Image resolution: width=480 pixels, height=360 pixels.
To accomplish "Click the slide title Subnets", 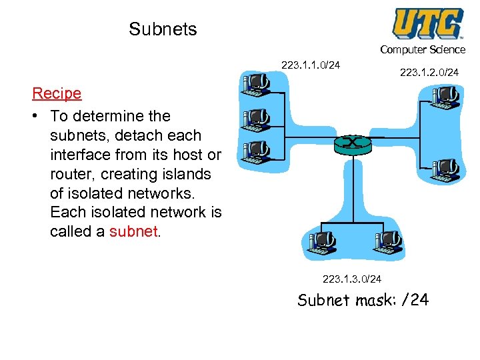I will (163, 29).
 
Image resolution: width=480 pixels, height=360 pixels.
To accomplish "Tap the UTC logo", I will (427, 23).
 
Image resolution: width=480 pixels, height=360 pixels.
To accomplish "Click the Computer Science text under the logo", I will (423, 50).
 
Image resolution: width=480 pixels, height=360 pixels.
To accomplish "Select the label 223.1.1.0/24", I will (311, 65).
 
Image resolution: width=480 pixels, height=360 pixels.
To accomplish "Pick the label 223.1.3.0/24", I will (352, 279).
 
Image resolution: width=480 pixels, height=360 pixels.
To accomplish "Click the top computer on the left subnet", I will (257, 83).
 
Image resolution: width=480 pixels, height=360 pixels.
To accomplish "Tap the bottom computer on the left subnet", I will (257, 153).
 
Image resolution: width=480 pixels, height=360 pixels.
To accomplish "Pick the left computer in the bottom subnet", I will (321, 243).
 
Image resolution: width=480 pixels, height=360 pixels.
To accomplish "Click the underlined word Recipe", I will (57, 94).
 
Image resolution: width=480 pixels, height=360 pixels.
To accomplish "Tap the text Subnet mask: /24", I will (363, 300).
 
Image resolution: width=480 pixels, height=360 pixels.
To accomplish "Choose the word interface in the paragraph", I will (80, 155).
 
